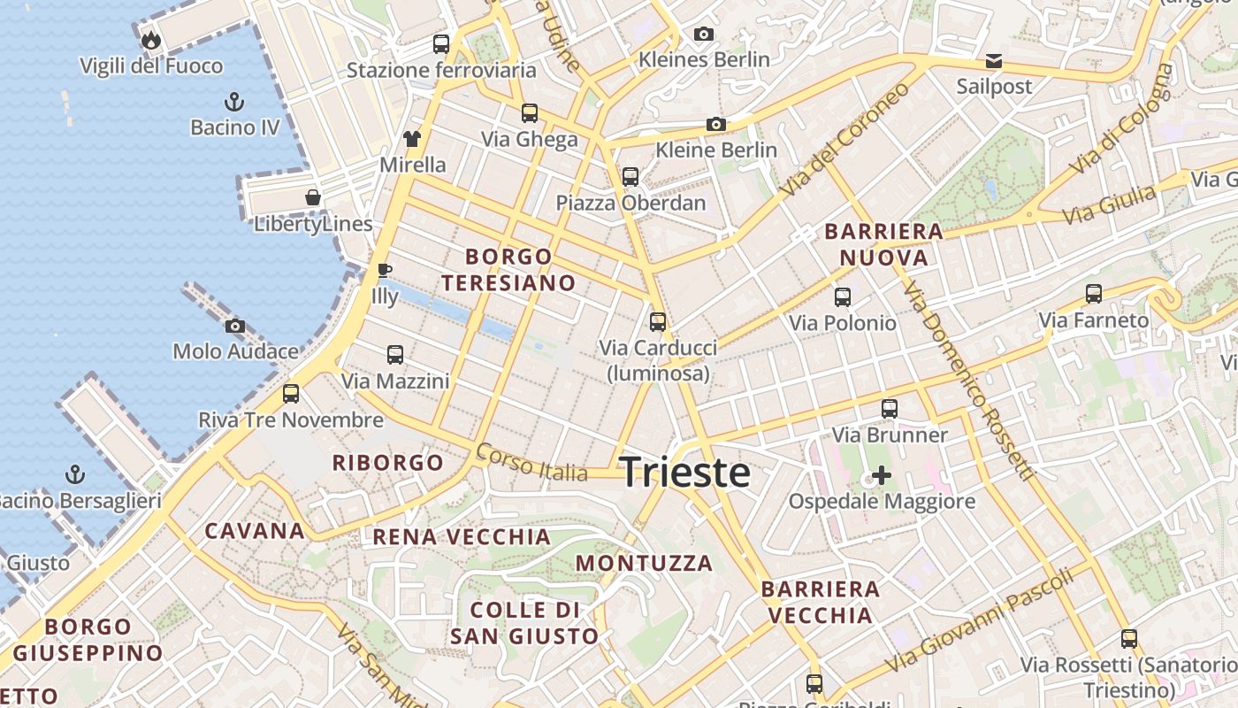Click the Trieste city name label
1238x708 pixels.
pos(685,472)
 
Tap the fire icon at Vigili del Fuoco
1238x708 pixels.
pos(151,40)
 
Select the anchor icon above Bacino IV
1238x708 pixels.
pos(235,101)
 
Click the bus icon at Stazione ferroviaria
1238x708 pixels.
pos(441,43)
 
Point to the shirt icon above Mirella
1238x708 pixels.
pos(412,138)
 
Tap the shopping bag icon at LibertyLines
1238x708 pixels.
pos(313,197)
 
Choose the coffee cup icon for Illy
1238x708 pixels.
pos(384,270)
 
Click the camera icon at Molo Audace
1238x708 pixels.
pos(235,326)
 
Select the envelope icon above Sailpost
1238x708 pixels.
pos(994,61)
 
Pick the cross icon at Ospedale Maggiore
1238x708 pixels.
pos(881,475)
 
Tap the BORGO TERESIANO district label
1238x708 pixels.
pos(508,270)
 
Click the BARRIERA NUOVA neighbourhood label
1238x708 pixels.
pos(883,244)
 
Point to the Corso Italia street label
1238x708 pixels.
pos(531,462)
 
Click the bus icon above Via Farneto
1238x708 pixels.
pos(1094,294)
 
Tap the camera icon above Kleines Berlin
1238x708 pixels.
pos(704,35)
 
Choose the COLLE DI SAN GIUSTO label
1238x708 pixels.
pos(524,623)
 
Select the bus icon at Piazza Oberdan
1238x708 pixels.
pos(630,177)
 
